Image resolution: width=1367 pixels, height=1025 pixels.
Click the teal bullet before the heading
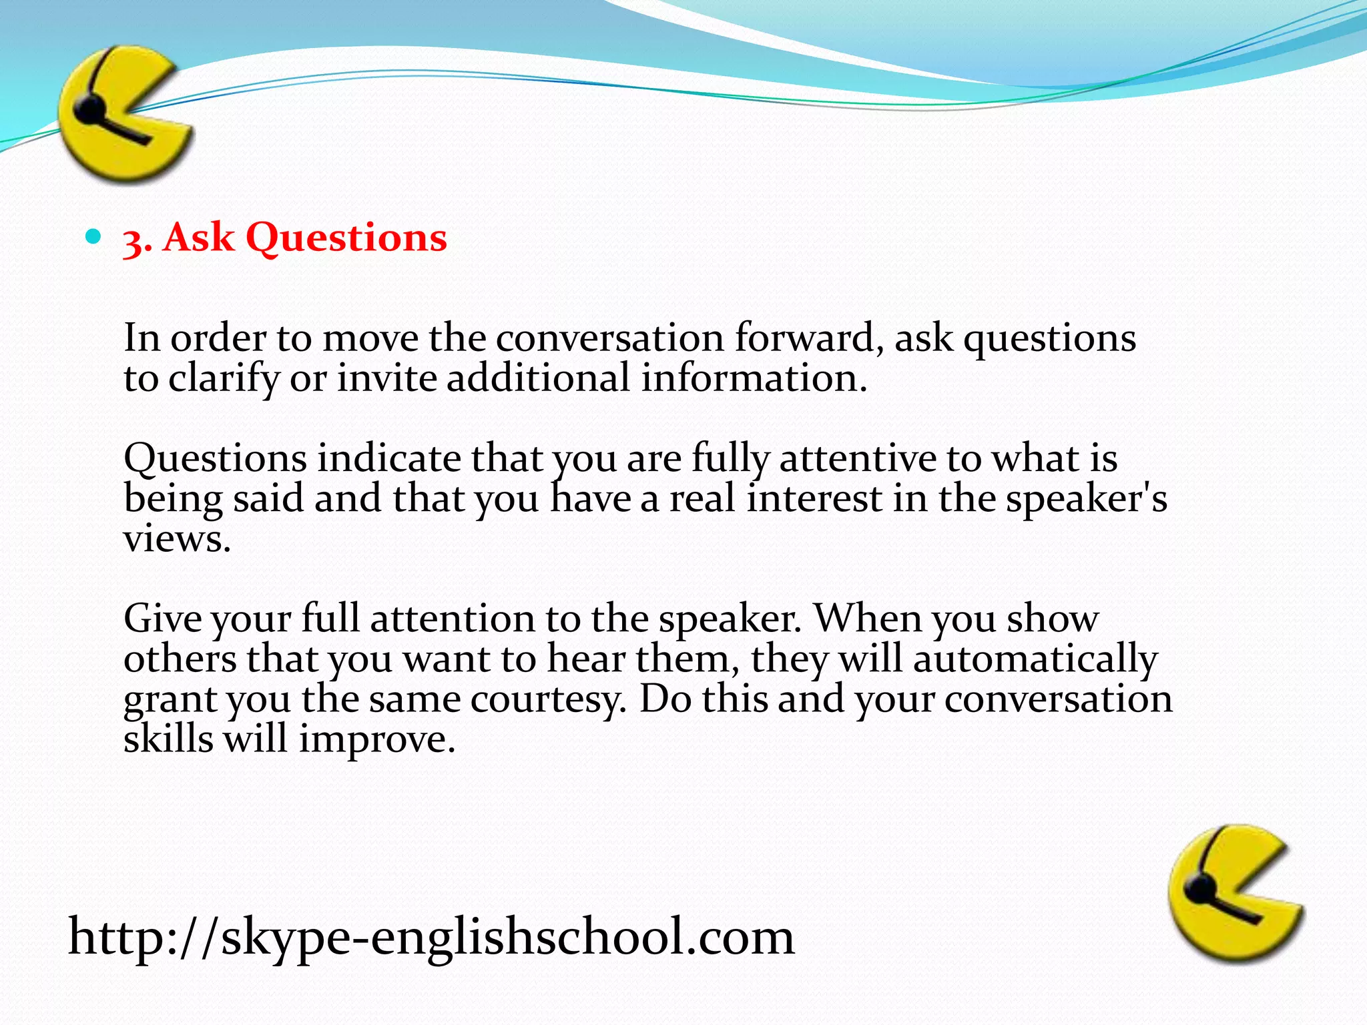(x=93, y=236)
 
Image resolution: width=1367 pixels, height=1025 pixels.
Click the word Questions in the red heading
(x=346, y=238)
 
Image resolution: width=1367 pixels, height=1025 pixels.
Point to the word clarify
(x=223, y=379)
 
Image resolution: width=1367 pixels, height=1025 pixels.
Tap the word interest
(x=814, y=498)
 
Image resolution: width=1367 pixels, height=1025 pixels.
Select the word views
(x=176, y=539)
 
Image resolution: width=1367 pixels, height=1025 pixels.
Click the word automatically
(x=1035, y=660)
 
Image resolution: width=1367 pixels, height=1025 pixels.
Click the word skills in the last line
(x=168, y=739)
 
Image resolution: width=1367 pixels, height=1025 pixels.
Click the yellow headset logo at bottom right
(x=1235, y=894)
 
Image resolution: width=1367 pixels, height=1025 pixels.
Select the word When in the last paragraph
(x=868, y=619)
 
